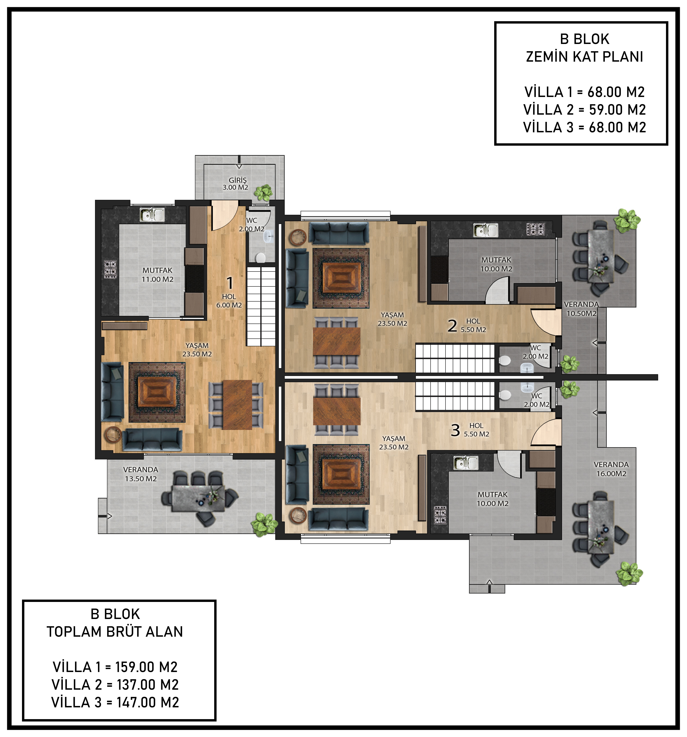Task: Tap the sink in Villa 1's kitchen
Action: (x=152, y=214)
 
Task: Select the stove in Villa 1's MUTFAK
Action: (x=110, y=269)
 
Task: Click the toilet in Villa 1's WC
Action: (x=261, y=257)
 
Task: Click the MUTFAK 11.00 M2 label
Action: (x=158, y=275)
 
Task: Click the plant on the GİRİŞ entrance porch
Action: (x=264, y=193)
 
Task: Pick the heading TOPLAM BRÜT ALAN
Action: (x=115, y=632)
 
